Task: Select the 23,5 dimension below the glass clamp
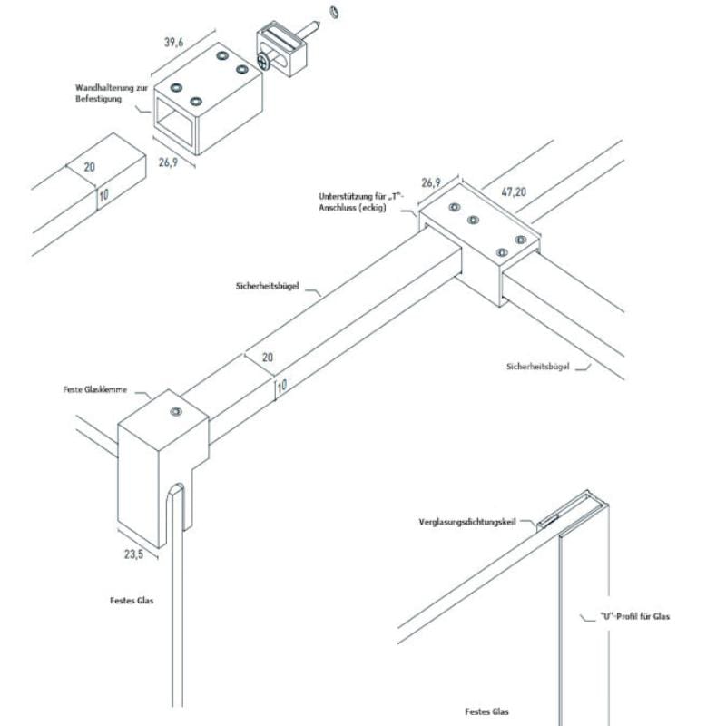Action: click(x=133, y=554)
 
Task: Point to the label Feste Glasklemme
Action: click(x=93, y=390)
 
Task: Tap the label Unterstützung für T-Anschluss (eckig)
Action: click(x=358, y=201)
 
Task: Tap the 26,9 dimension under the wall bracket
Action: click(x=167, y=163)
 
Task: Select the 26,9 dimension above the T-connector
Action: click(x=431, y=182)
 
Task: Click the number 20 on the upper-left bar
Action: click(x=89, y=167)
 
